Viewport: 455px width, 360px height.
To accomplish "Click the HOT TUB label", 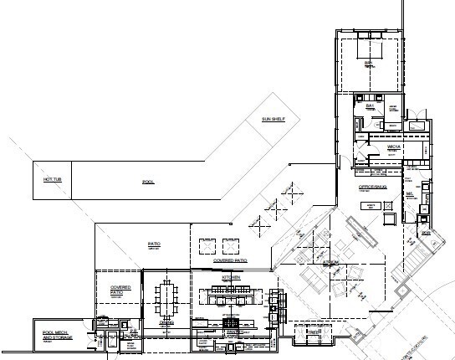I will pos(43,179).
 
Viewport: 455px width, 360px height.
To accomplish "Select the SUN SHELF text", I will pos(274,120).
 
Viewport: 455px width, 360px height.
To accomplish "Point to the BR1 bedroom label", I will pos(367,64).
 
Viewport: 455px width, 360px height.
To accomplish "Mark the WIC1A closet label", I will pos(394,147).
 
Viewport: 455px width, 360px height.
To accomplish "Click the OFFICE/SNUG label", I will pos(371,187).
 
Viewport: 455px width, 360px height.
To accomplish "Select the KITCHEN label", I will pos(232,276).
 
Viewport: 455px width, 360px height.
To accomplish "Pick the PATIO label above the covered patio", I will pos(154,244).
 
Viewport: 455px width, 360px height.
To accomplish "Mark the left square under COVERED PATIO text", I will pos(206,245).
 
